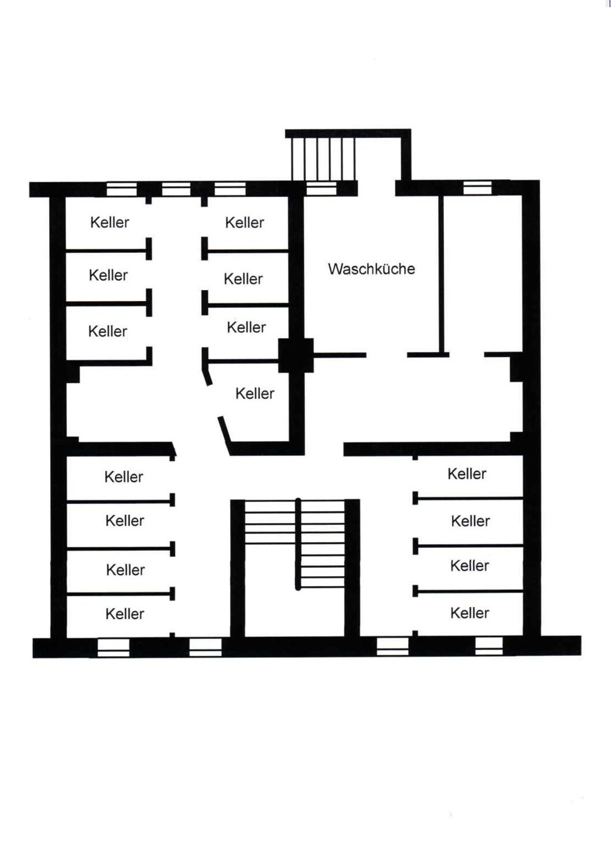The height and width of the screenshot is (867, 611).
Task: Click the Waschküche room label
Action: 371,269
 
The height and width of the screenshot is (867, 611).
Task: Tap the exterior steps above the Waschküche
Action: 323,159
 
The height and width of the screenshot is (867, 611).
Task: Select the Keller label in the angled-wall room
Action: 255,394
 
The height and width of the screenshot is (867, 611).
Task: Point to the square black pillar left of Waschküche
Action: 296,355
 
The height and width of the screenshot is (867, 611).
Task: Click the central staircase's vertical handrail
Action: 298,544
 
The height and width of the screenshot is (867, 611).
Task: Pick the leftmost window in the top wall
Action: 121,189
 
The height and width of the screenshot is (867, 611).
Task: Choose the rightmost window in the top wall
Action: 477,188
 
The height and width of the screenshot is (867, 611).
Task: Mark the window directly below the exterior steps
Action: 321,188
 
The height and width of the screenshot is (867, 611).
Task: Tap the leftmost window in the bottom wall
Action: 113,648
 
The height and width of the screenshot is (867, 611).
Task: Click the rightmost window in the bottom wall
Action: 489,646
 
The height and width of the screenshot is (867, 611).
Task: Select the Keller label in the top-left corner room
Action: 110,223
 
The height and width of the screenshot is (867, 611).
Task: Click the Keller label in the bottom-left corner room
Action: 125,614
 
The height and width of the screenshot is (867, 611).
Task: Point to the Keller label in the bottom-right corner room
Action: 470,613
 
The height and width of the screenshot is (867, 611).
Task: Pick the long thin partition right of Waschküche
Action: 441,274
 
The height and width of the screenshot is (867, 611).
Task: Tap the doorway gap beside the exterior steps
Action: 376,188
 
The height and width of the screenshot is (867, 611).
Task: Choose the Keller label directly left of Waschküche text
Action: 243,279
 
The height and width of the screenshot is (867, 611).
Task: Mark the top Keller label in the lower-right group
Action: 467,474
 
